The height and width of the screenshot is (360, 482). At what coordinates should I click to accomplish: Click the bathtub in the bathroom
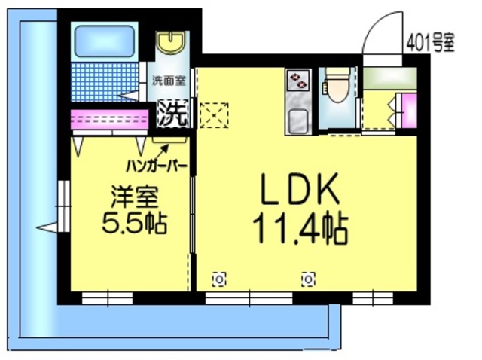pyautogui.click(x=105, y=41)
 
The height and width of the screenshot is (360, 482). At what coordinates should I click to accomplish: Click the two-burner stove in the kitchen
pyautogui.click(x=297, y=80)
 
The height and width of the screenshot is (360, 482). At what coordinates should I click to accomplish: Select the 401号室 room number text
pyautogui.click(x=430, y=41)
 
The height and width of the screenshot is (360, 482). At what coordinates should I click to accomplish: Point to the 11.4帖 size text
pyautogui.click(x=300, y=228)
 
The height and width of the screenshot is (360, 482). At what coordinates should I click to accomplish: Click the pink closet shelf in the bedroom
pyautogui.click(x=110, y=119)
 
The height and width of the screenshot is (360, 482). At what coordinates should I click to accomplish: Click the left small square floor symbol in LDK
pyautogui.click(x=219, y=280)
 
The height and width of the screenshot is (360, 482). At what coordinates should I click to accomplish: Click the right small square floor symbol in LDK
pyautogui.click(x=308, y=280)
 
